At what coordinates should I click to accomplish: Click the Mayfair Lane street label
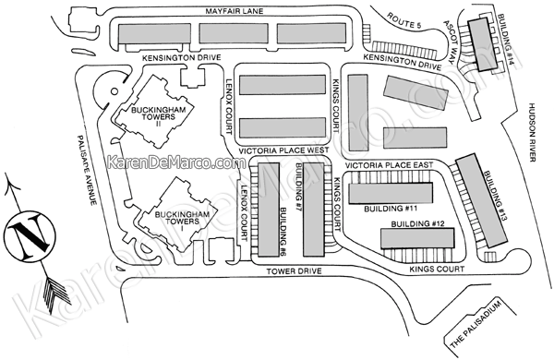[x=235, y=11]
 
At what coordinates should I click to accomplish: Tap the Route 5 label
[x=404, y=20]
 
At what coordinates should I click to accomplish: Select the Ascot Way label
[x=448, y=42]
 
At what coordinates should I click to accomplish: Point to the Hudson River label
[x=533, y=132]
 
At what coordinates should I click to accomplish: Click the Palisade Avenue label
[x=87, y=170]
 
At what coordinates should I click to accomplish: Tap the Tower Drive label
[x=294, y=271]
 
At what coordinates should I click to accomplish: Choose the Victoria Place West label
[x=283, y=150]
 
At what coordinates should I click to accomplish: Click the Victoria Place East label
[x=389, y=165]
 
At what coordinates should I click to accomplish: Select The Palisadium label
[x=476, y=324]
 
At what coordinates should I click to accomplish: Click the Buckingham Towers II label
[x=158, y=116]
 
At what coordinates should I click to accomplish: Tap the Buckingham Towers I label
[x=182, y=221]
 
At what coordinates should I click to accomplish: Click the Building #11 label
[x=391, y=209]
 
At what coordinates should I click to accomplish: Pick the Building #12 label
[x=417, y=223]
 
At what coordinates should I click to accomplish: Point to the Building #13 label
[x=495, y=196]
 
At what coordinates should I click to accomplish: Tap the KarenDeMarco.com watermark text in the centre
[x=176, y=162]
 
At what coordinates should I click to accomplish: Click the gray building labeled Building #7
[x=313, y=210]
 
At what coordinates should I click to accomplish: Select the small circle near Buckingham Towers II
[x=114, y=91]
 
